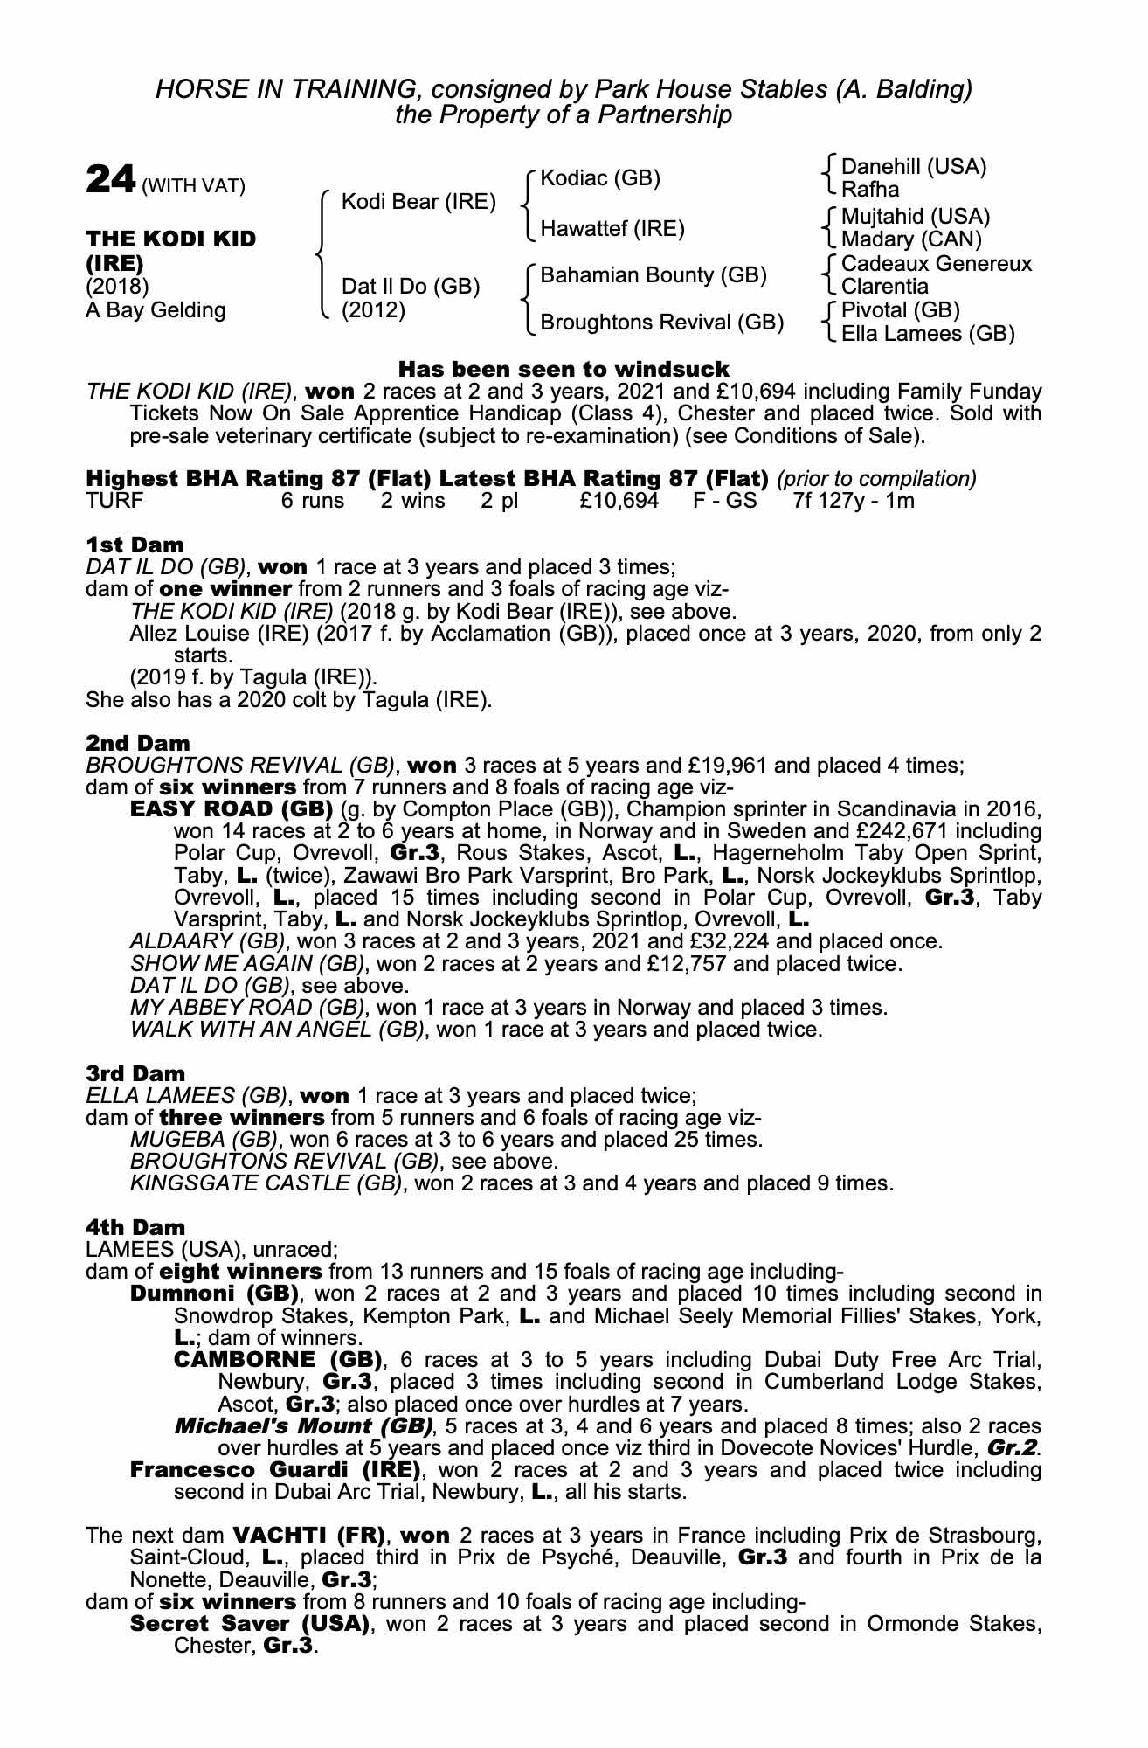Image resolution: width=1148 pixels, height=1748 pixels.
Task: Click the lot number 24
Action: (110, 180)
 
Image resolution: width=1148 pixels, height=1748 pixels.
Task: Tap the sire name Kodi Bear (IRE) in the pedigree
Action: (418, 202)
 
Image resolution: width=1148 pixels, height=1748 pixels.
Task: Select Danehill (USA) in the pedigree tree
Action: (913, 167)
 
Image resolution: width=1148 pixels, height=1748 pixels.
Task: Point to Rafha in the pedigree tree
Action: (869, 190)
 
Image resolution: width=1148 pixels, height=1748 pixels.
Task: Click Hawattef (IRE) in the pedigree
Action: (612, 229)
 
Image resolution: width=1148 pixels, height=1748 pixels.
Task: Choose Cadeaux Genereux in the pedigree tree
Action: (936, 264)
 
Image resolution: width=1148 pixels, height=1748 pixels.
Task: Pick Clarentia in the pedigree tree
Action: (884, 287)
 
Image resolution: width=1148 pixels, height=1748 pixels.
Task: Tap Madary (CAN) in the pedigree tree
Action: (911, 239)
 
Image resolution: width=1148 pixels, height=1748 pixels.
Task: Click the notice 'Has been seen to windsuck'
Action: (564, 369)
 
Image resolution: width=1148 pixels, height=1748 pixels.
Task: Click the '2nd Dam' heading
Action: (137, 743)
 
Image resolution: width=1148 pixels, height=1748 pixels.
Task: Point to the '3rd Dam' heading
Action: (135, 1073)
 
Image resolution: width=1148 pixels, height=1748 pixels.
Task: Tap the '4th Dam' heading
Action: (135, 1227)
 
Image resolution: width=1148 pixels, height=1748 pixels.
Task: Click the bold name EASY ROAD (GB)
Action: (232, 808)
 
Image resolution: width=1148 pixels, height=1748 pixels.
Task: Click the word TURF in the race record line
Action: (114, 501)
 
